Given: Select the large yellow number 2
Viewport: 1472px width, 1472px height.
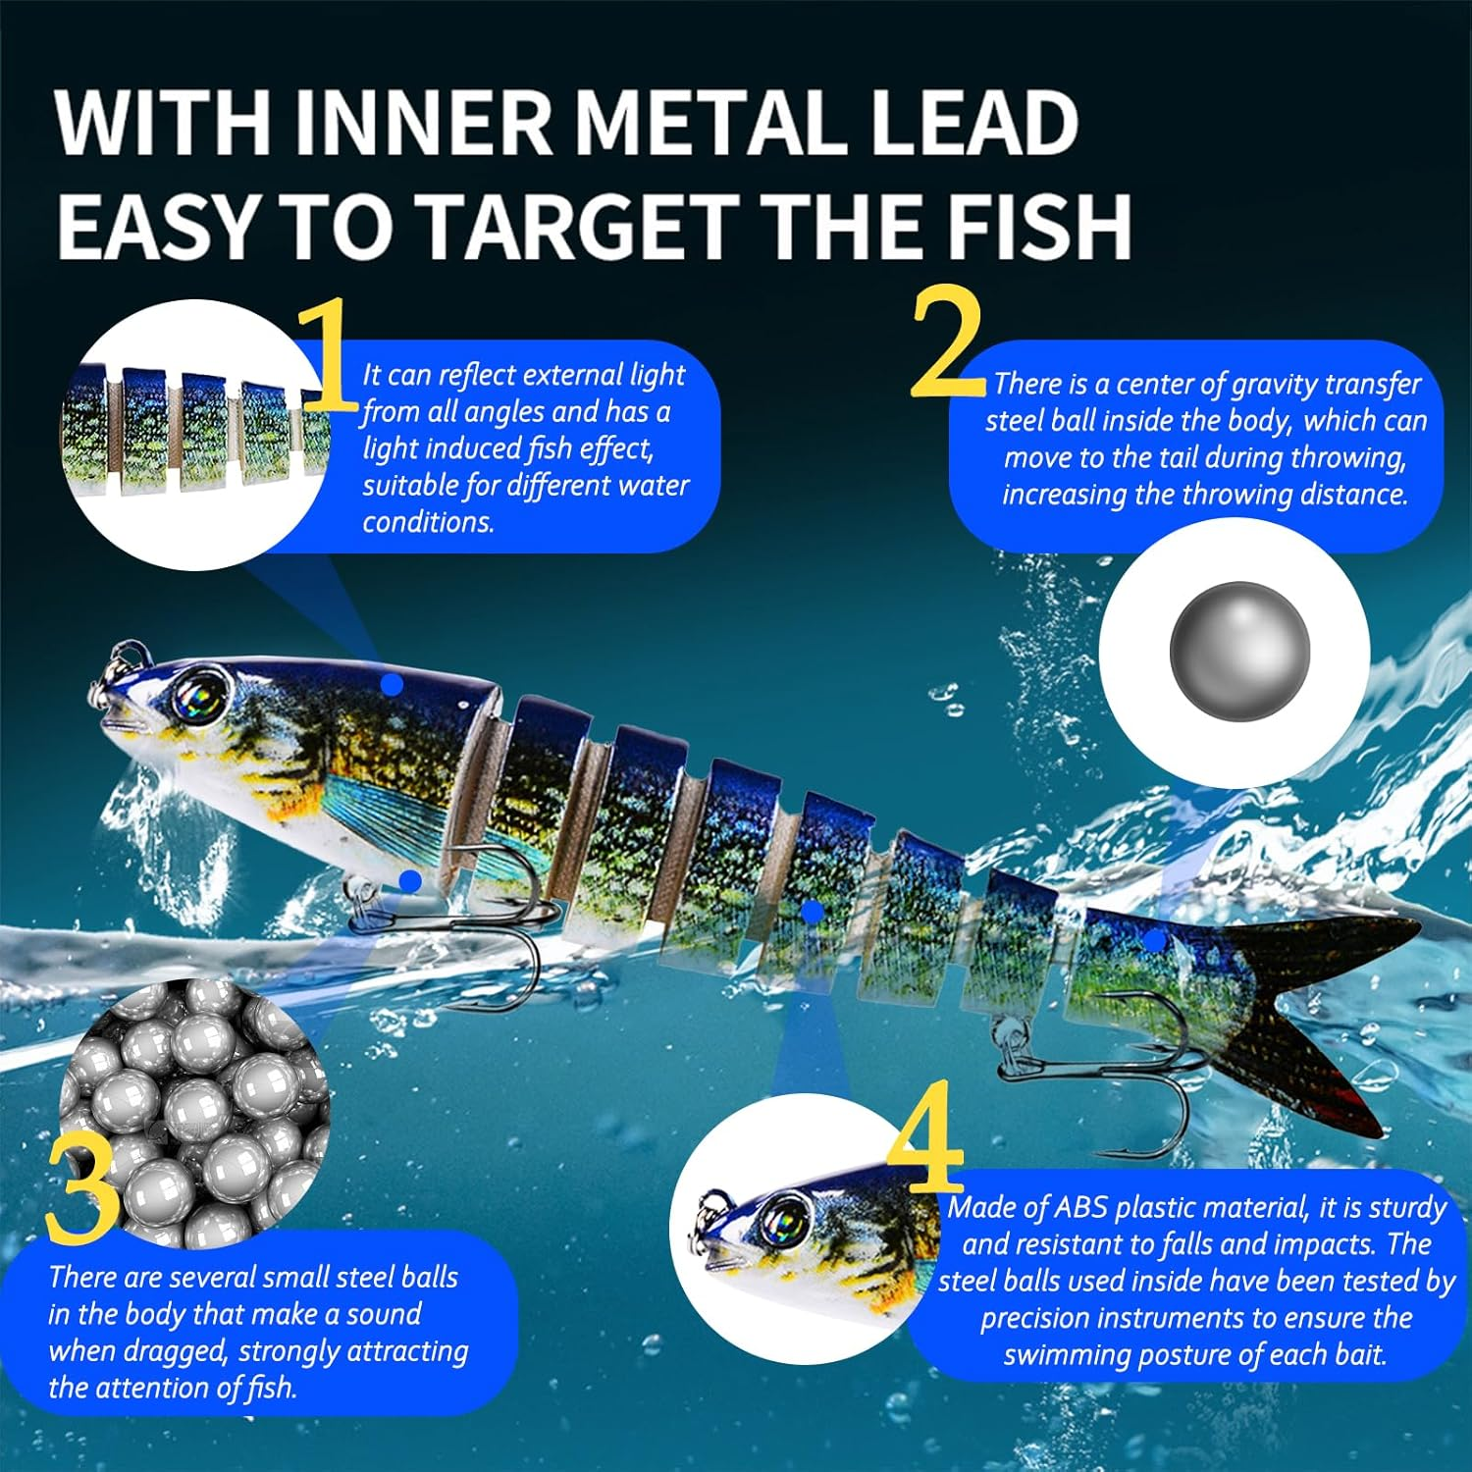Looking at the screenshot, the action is [947, 342].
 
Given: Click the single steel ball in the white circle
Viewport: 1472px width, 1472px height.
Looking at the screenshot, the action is [1239, 651].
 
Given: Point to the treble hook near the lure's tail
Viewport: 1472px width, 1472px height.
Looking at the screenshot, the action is [1109, 1070].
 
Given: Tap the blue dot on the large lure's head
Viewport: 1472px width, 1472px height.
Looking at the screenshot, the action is [392, 684].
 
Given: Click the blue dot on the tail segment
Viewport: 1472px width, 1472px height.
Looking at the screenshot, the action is [1156, 940].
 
